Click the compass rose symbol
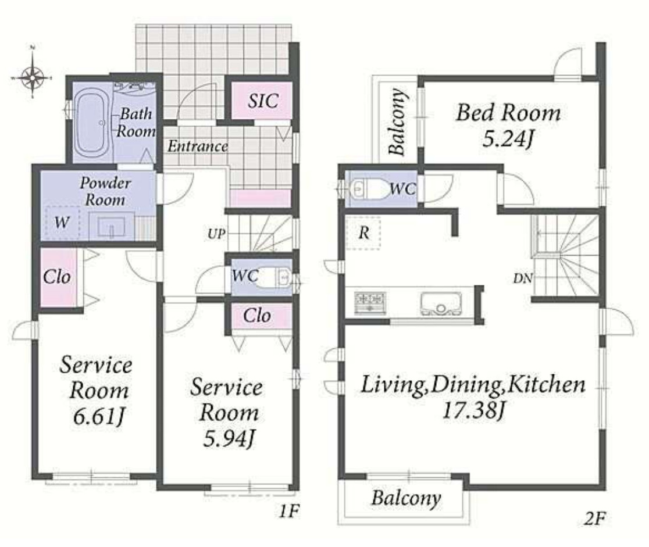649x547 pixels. coord(33,77)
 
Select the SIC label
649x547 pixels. coord(263,101)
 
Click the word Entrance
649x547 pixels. coord(198,146)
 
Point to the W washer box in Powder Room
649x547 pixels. coord(62,223)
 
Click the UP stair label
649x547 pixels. coord(216,234)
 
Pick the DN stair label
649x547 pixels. coord(523,278)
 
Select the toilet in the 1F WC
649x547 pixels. coord(273,277)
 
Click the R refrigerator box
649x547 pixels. coord(363,233)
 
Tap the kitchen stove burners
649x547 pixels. coord(370,302)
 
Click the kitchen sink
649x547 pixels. coord(441,303)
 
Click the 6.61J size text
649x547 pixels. coord(98,416)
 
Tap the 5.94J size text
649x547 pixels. coord(229,439)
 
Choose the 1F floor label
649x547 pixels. coord(288,512)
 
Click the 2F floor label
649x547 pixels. coord(595,517)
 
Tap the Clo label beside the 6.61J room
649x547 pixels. coord(57,277)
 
